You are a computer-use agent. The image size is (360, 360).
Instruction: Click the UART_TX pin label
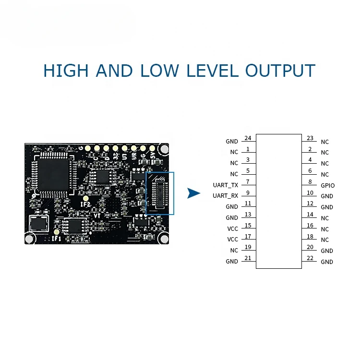226,185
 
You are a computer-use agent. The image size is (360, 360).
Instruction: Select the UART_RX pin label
226,196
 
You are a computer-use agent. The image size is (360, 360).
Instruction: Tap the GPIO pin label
328,185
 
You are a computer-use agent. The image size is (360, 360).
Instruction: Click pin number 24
248,138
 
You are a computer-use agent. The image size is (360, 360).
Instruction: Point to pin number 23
310,138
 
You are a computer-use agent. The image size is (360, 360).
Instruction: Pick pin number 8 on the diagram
310,182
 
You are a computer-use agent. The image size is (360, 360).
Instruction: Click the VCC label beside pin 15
232,228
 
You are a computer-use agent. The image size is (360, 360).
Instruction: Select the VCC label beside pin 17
232,240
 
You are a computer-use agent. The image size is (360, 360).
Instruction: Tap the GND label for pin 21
232,262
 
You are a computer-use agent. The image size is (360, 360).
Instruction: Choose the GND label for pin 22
327,262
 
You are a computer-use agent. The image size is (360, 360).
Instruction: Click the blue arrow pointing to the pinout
193,193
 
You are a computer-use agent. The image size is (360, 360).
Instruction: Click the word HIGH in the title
66,71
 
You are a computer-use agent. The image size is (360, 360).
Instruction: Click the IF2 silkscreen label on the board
86,205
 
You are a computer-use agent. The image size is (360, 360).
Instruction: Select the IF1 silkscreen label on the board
56,238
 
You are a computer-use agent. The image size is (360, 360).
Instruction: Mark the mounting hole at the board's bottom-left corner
30,238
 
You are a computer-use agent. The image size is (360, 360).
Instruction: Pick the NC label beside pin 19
234,251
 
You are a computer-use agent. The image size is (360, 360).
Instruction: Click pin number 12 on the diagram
310,204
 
